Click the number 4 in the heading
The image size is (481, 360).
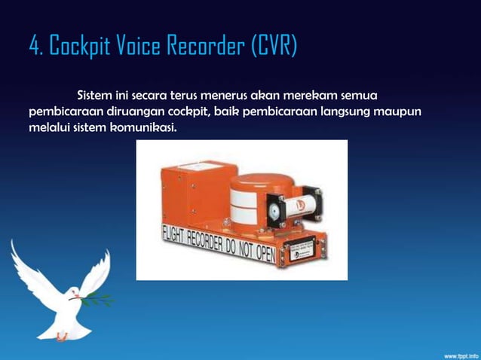[x=34, y=47]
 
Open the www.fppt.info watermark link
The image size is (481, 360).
[x=455, y=353]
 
